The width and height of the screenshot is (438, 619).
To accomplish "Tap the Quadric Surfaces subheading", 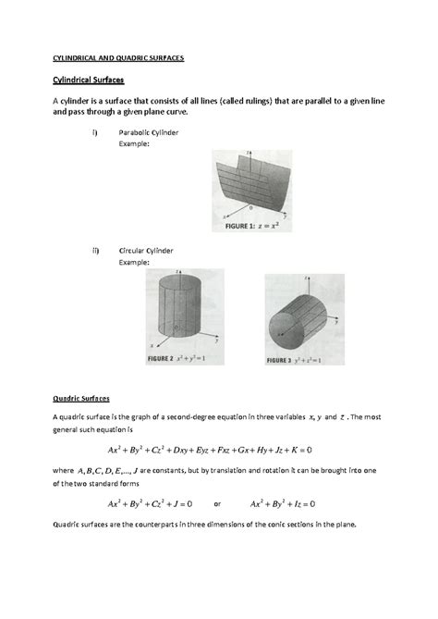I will (x=80, y=398).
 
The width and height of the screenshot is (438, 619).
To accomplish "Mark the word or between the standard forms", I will (x=217, y=505).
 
